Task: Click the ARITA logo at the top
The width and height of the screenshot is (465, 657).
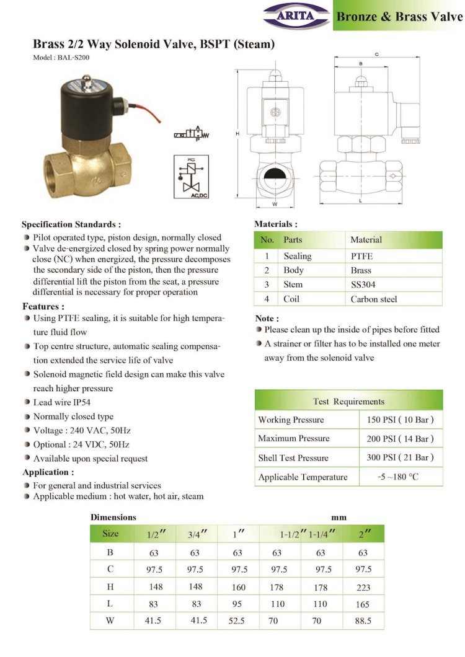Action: (296, 14)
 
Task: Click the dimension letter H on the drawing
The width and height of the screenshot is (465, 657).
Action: (237, 133)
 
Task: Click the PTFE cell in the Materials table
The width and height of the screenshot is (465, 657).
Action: (362, 256)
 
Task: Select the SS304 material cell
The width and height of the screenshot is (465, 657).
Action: (363, 284)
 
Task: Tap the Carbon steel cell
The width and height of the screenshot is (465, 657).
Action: (373, 299)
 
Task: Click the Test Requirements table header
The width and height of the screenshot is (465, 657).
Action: (348, 401)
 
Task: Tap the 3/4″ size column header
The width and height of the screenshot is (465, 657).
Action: (196, 534)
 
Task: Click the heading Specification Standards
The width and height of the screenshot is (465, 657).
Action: (71, 224)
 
